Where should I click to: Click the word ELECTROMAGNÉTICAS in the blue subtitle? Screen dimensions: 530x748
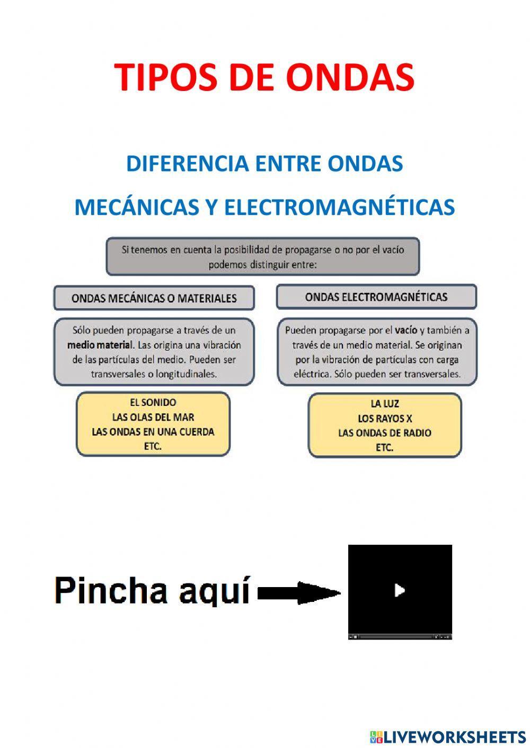click(x=339, y=207)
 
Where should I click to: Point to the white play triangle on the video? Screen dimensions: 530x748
click(x=400, y=590)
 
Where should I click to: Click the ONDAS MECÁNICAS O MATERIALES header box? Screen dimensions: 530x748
click(x=154, y=298)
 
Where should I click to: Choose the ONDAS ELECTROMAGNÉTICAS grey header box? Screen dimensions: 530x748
click(x=376, y=297)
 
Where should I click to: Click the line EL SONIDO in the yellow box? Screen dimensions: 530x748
click(x=153, y=402)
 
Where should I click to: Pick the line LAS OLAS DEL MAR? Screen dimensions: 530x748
click(x=153, y=417)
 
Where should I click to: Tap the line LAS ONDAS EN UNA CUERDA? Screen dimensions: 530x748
click(x=153, y=432)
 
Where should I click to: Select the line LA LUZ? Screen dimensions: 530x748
click(x=385, y=404)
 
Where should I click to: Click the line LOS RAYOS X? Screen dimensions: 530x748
click(x=385, y=419)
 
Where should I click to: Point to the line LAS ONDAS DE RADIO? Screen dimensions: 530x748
click(x=385, y=433)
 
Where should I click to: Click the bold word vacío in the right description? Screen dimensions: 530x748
click(x=406, y=330)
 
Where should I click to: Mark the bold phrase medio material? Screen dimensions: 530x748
click(x=99, y=345)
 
